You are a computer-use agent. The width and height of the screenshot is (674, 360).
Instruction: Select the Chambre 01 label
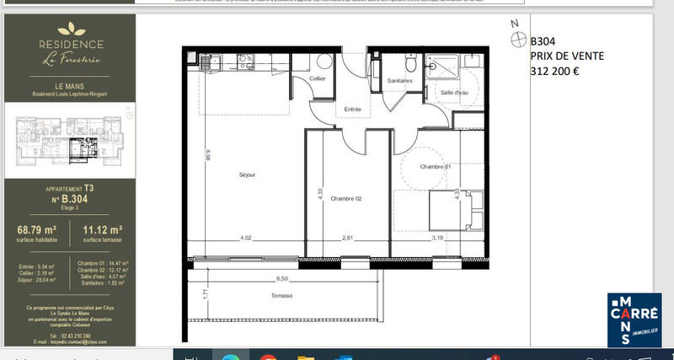[x=436, y=167]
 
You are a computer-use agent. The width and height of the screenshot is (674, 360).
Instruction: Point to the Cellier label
[x=317, y=78]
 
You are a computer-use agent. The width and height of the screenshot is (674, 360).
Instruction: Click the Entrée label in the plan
[x=352, y=110]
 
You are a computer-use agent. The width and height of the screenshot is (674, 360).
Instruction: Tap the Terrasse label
[x=282, y=297]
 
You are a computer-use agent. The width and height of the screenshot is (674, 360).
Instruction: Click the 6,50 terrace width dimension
[x=283, y=278]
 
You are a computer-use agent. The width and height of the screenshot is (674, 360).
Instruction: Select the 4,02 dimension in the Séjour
[x=246, y=238]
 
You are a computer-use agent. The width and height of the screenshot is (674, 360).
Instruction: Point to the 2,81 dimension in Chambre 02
[x=347, y=238]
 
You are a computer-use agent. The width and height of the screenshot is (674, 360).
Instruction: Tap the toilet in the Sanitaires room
[x=409, y=62]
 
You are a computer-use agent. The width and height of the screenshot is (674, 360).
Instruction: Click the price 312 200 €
[x=554, y=72]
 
